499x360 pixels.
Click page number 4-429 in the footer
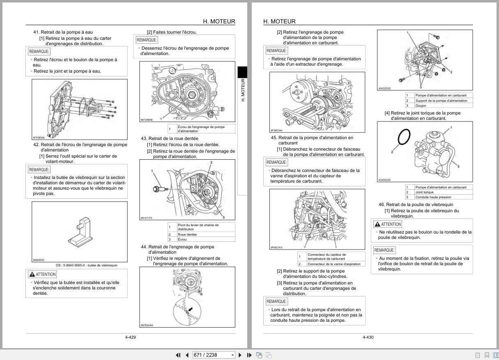(x=130, y=337)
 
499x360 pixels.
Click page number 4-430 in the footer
(x=368, y=337)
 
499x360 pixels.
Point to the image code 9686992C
(x=39, y=260)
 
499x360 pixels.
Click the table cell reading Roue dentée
(x=187, y=234)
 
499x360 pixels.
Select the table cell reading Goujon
(x=421, y=105)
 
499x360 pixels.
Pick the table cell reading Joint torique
(x=424, y=192)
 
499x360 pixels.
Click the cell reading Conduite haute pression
(x=433, y=197)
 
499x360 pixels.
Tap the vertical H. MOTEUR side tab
(x=242, y=90)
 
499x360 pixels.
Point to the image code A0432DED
(x=384, y=88)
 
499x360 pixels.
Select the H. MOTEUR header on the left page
(x=219, y=21)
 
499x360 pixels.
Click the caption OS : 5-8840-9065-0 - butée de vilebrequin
(x=86, y=265)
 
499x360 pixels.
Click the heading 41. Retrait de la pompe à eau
(x=63, y=32)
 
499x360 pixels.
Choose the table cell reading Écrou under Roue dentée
(x=182, y=239)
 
